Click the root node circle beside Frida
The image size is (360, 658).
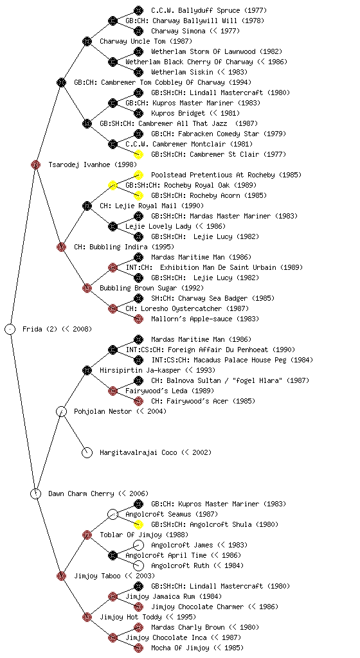click(10, 329)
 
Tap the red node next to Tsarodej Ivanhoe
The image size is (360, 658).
click(35, 164)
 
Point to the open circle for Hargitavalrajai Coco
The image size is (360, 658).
click(87, 452)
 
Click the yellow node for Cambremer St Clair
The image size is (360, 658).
click(138, 154)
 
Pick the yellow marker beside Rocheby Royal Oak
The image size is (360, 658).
click(113, 185)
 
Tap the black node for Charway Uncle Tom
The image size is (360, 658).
click(87, 41)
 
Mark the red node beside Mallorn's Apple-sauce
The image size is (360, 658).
click(138, 319)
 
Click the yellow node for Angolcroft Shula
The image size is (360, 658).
click(138, 524)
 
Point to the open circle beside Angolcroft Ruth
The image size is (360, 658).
click(138, 565)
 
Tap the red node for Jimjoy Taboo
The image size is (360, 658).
click(61, 576)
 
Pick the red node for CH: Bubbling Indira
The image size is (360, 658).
click(61, 247)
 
